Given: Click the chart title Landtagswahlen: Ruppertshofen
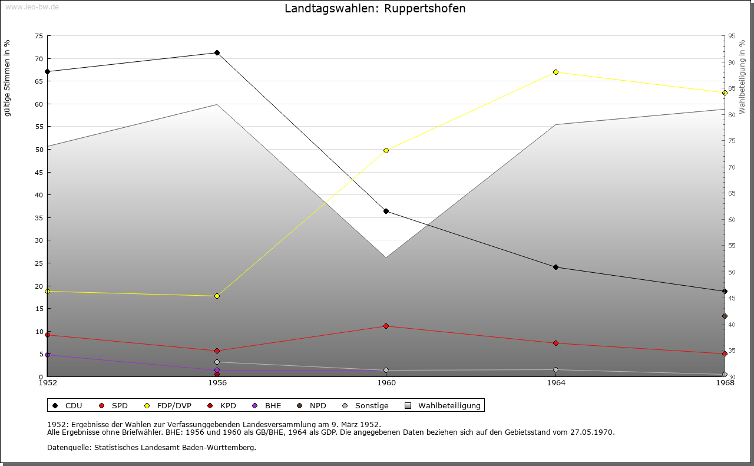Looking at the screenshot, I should click(x=375, y=9).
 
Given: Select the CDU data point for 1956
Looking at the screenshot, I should click(x=217, y=53).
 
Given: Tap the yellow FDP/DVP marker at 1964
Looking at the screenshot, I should click(x=555, y=72).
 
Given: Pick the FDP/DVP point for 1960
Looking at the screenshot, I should click(x=386, y=150).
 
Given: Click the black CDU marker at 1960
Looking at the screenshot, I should click(x=386, y=211).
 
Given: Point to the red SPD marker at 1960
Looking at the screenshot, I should click(x=386, y=326).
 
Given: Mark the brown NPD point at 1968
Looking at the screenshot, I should click(x=725, y=316).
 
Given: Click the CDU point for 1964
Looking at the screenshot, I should click(x=555, y=267).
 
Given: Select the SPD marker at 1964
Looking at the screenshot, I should click(x=555, y=343).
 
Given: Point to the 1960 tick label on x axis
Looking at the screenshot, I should click(x=386, y=383).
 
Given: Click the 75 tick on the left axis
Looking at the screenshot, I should click(x=38, y=36).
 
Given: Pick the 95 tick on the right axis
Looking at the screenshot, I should click(x=732, y=36).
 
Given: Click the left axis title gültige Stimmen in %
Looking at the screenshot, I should click(x=8, y=78).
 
